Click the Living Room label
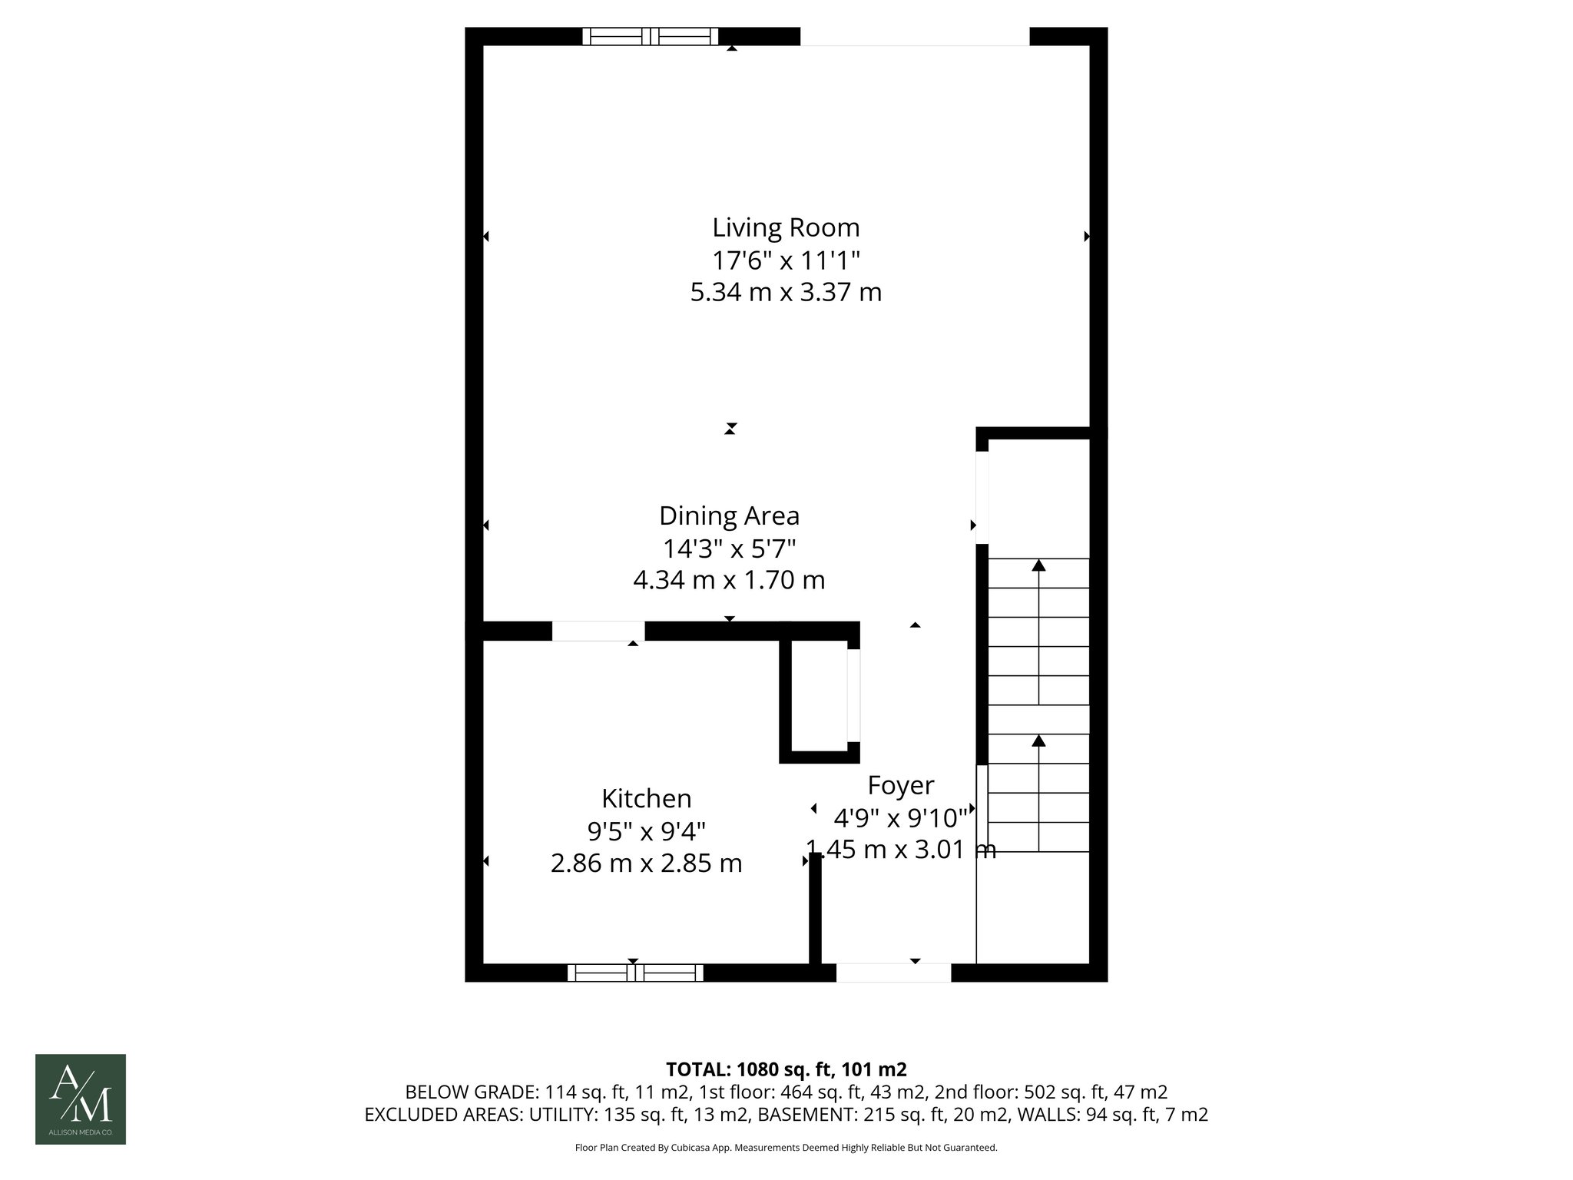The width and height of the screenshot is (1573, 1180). [786, 228]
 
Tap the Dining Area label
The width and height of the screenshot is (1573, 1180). [729, 515]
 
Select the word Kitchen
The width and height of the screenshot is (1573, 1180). [646, 799]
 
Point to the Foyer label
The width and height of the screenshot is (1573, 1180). [900, 785]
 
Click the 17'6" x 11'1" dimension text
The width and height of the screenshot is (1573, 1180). [786, 260]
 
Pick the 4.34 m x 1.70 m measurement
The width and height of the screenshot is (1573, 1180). [729, 579]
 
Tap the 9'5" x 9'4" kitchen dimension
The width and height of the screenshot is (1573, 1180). [646, 831]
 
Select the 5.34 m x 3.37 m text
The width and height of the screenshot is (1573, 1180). [786, 293]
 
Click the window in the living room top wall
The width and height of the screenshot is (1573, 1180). [650, 36]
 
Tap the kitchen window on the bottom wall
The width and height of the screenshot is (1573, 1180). [635, 973]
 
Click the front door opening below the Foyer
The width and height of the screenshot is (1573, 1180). [893, 973]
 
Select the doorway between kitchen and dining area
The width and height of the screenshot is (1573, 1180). [598, 631]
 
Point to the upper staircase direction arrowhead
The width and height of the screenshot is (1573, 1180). [1038, 565]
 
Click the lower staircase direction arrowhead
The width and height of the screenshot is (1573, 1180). [1038, 741]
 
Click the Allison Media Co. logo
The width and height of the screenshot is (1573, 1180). [81, 1099]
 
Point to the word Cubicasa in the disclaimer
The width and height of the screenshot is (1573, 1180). [697, 1148]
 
